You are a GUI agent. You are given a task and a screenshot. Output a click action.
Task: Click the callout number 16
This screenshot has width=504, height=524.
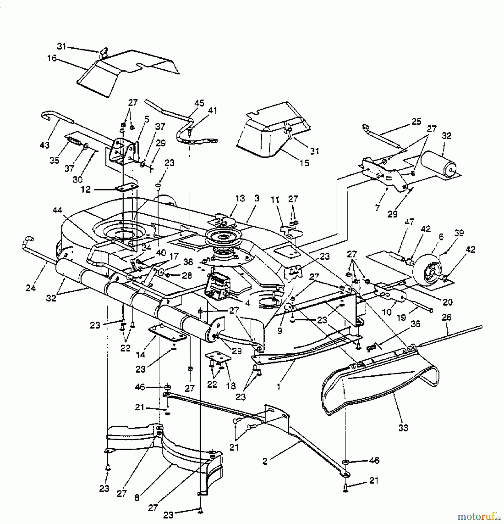52,58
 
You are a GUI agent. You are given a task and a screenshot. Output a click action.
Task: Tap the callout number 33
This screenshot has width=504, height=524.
403,428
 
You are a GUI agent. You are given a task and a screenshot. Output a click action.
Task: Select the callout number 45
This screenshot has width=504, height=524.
200,103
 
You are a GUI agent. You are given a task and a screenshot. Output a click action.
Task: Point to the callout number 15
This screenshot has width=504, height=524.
304,163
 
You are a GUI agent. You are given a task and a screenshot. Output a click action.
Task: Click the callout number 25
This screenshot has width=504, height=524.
416,121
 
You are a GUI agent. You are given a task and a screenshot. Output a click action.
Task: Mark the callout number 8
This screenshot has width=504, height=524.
137,498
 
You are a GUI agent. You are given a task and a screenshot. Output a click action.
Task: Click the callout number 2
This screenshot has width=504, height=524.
264,461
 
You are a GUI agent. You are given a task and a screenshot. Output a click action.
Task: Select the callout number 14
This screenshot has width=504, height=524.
140,354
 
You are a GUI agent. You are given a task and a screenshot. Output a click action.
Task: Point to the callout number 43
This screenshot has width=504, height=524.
45,145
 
